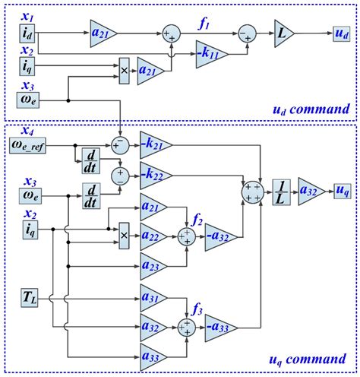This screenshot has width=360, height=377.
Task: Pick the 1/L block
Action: click(280, 190)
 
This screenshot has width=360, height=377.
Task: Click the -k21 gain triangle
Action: click(154, 144)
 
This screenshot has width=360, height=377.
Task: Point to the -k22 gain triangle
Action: click(154, 175)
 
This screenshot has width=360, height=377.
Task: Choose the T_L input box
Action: click(29, 293)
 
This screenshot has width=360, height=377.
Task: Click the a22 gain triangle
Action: click(154, 237)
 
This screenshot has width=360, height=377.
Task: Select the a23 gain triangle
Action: click(154, 266)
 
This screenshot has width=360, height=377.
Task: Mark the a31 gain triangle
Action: click(154, 294)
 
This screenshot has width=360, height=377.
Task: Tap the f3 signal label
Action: click(198, 309)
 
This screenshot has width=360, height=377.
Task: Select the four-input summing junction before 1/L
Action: click(251, 190)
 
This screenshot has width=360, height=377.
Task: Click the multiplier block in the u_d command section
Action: click(125, 68)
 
